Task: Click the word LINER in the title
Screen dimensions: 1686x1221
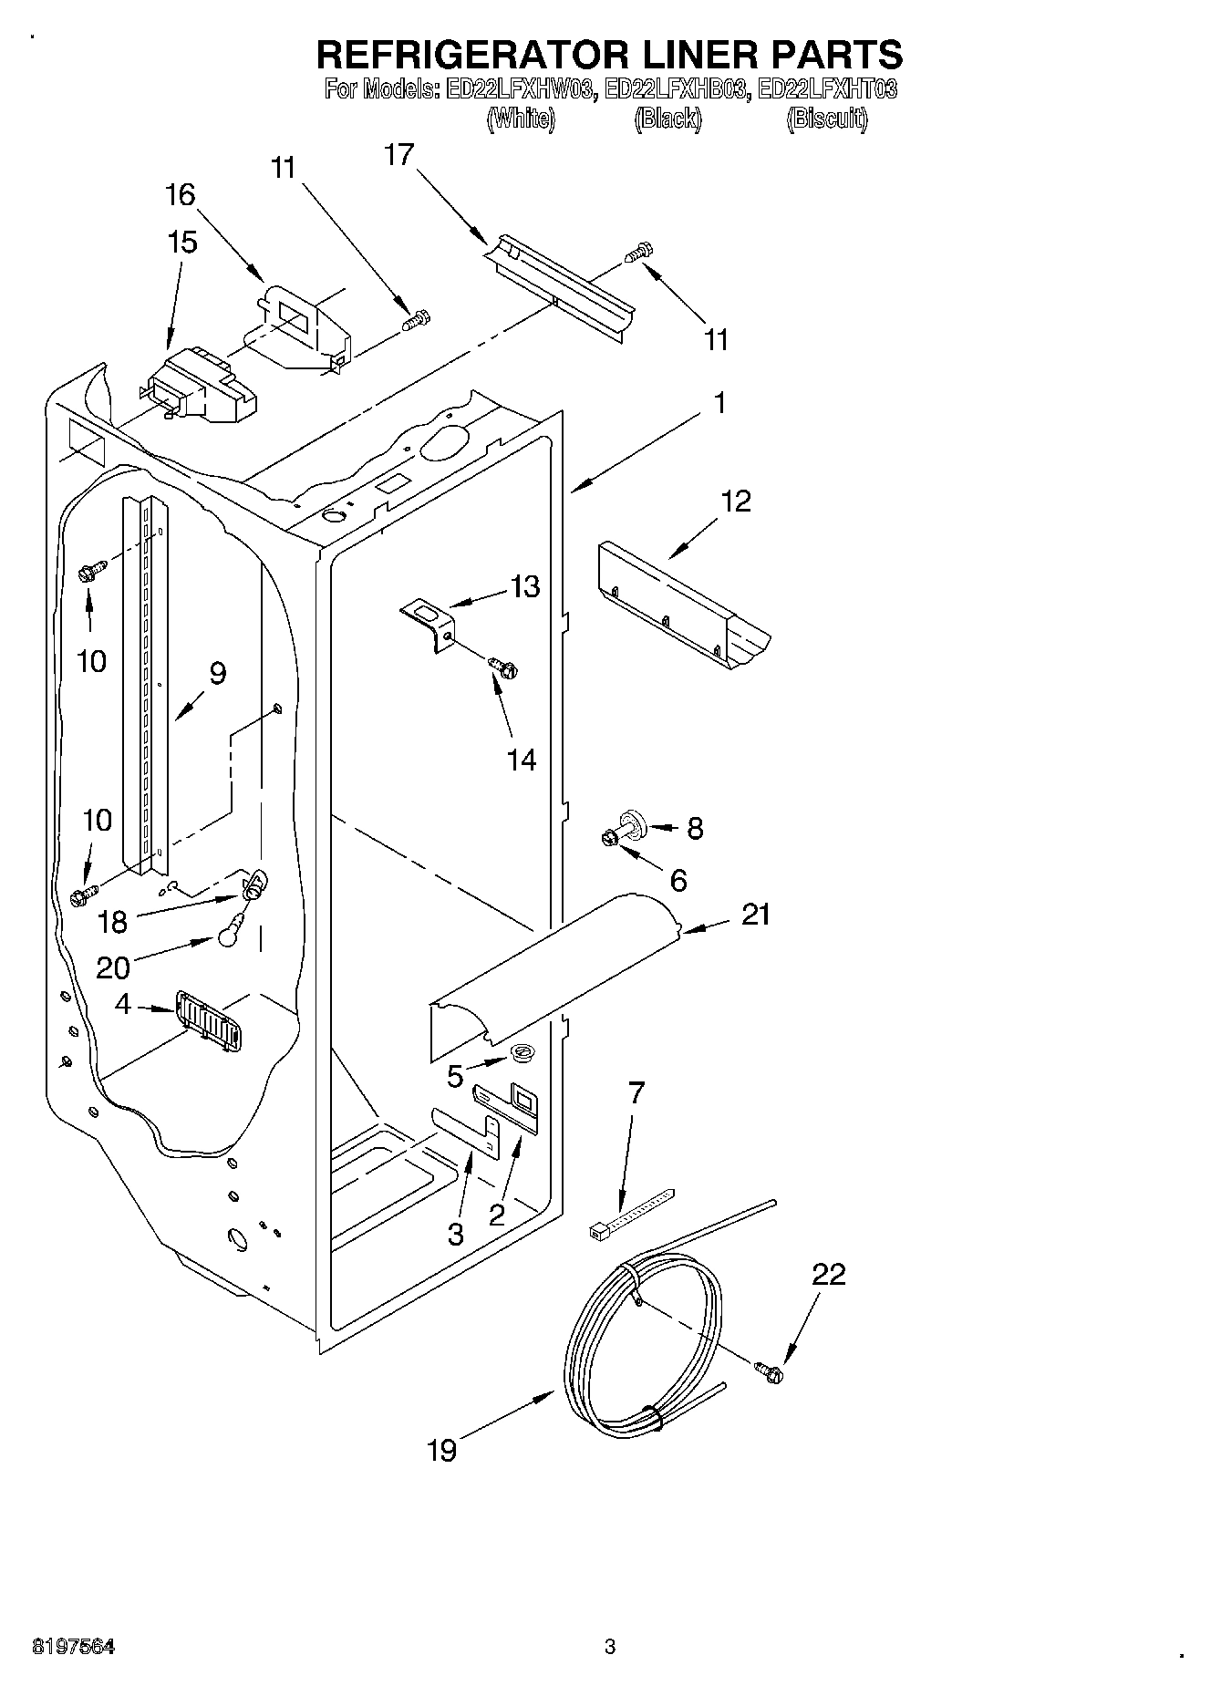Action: [688, 55]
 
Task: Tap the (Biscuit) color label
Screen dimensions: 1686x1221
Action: [826, 119]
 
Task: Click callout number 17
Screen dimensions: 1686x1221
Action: [398, 155]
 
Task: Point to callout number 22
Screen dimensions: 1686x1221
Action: [828, 1274]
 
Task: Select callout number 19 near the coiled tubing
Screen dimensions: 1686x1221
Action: [441, 1450]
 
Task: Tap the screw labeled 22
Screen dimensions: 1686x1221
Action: [769, 1371]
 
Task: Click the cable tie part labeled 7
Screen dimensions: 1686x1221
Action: [631, 1213]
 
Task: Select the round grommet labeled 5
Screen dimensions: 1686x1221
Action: [523, 1055]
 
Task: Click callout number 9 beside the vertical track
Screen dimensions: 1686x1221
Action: [217, 673]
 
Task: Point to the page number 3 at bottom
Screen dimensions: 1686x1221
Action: [610, 1647]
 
